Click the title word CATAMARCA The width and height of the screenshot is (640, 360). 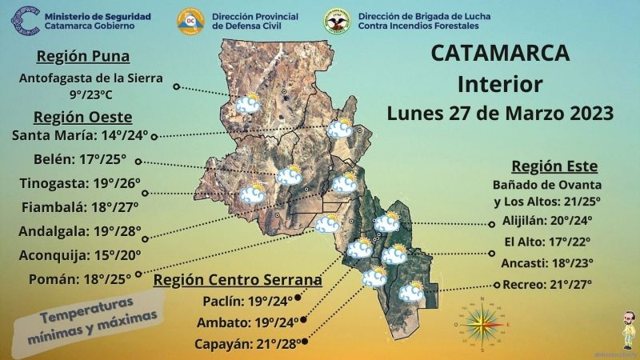click(x=500, y=54)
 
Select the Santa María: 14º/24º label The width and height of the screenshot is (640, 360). click(x=80, y=135)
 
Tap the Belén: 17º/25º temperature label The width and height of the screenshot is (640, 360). click(x=80, y=158)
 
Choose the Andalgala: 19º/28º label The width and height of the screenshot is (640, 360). click(x=80, y=232)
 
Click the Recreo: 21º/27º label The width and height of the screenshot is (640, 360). click(x=547, y=284)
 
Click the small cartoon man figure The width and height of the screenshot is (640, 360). click(x=626, y=328)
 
